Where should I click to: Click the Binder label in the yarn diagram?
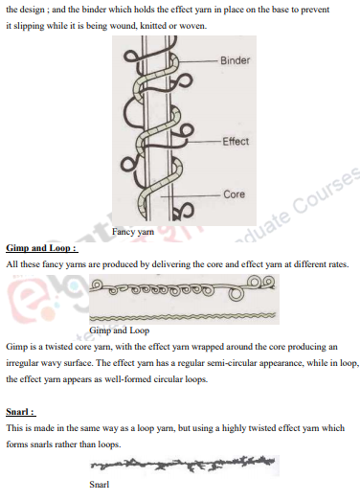click(235, 61)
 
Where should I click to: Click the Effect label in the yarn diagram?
click(236, 142)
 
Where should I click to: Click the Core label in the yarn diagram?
click(234, 194)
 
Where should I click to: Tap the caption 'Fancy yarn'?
click(134, 232)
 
